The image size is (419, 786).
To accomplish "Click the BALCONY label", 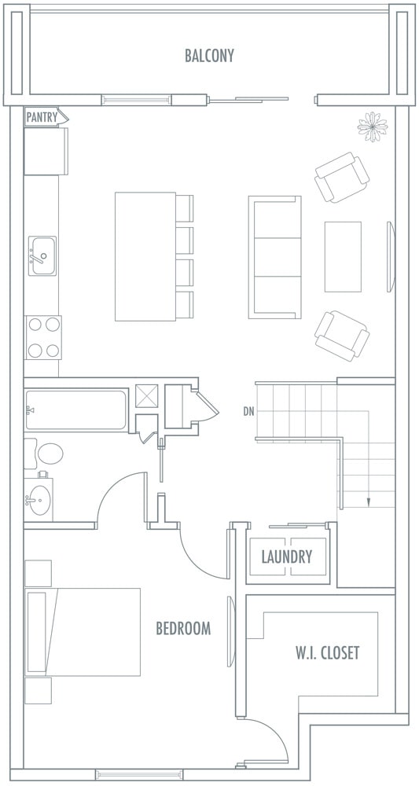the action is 209,55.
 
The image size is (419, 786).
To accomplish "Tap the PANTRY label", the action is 42,118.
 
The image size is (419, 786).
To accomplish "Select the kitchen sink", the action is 42,255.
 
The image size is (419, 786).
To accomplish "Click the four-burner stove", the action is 43,337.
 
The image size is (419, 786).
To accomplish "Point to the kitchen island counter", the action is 145,257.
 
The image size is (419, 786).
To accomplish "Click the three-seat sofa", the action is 275,257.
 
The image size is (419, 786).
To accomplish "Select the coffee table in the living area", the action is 343,257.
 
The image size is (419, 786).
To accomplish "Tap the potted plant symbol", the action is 373,127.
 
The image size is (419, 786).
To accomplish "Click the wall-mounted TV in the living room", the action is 391,257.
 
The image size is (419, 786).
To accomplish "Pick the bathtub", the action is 75,410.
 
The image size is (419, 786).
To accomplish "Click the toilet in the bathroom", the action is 43,454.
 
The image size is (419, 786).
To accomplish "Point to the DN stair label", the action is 248,412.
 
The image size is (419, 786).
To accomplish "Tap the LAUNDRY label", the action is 287,556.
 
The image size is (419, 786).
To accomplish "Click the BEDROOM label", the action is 183,629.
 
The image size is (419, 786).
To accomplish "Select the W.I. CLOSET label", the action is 327,652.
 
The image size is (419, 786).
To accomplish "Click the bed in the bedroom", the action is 83,632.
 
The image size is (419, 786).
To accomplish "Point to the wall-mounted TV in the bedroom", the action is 230,632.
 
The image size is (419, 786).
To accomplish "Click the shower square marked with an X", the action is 147,396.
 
